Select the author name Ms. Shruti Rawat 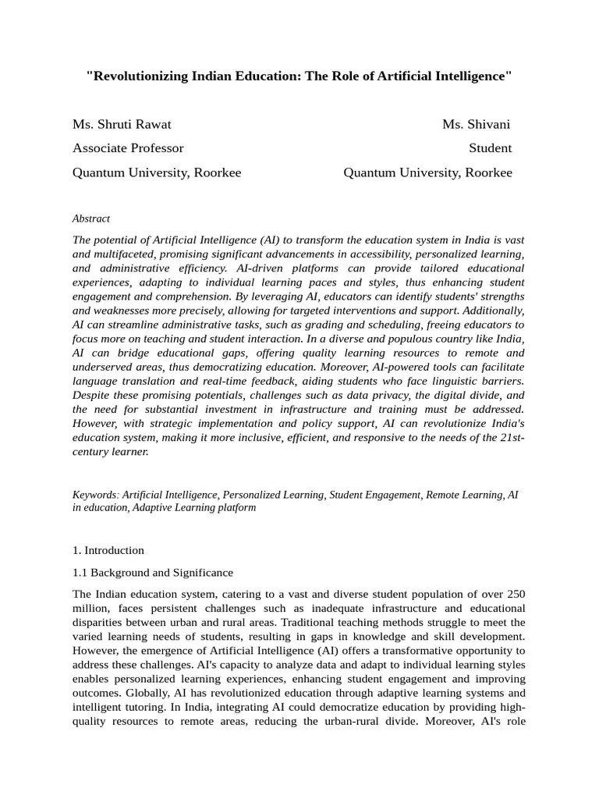pos(122,124)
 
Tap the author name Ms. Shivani pos(477,124)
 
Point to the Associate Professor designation pos(128,148)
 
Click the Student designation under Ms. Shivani pos(490,148)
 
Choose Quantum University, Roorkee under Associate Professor pos(157,172)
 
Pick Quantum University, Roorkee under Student pos(427,172)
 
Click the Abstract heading pos(91,218)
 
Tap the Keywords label pos(95,495)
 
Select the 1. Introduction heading pos(108,550)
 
